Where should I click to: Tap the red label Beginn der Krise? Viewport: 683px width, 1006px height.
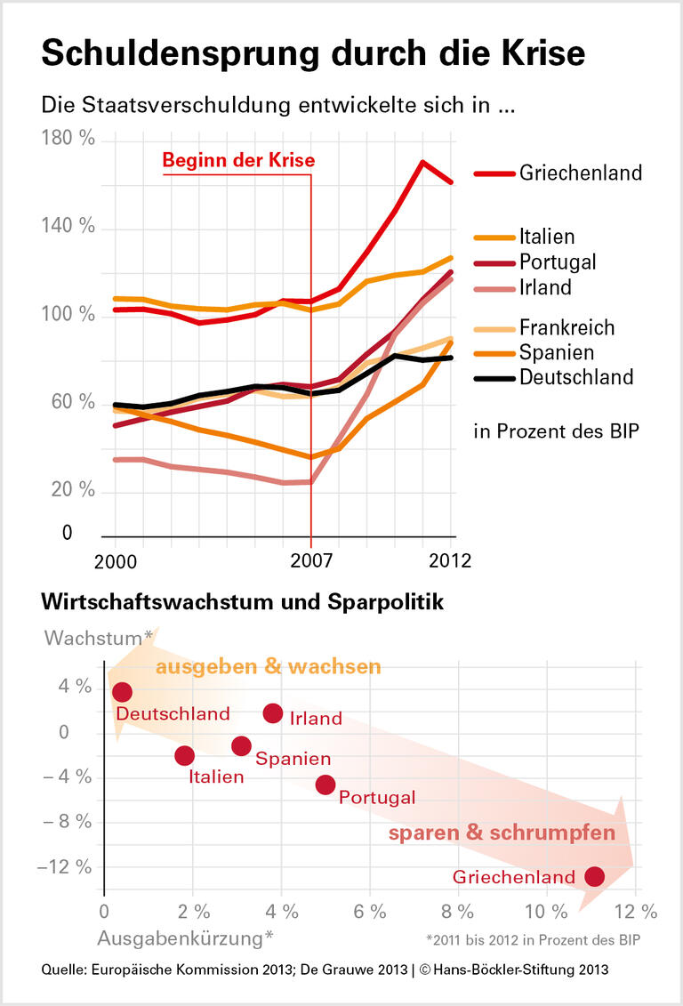237,161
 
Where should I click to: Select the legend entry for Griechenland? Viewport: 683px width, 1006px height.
580,173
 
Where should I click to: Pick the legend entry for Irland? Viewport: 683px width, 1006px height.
545,286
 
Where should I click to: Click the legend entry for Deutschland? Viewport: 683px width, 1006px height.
575,376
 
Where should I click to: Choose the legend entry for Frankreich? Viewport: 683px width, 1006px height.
566,327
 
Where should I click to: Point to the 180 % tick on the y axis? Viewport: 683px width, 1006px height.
68,140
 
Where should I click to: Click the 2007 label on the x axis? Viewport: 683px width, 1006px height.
310,560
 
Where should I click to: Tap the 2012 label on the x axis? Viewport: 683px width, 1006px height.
449,560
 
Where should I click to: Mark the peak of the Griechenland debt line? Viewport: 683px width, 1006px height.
422,162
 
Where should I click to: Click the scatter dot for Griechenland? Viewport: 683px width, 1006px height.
594,876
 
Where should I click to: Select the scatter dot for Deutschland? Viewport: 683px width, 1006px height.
122,692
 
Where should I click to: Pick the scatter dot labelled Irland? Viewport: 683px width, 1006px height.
273,712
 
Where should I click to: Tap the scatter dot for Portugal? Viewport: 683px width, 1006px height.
325,784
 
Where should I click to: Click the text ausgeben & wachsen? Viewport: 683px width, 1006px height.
269,666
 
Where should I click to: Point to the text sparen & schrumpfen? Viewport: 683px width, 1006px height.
502,833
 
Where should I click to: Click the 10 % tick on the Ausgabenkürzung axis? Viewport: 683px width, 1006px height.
545,911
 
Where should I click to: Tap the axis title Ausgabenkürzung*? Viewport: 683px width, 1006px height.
185,938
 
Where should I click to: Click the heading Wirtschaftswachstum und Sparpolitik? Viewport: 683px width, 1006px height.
242,602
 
